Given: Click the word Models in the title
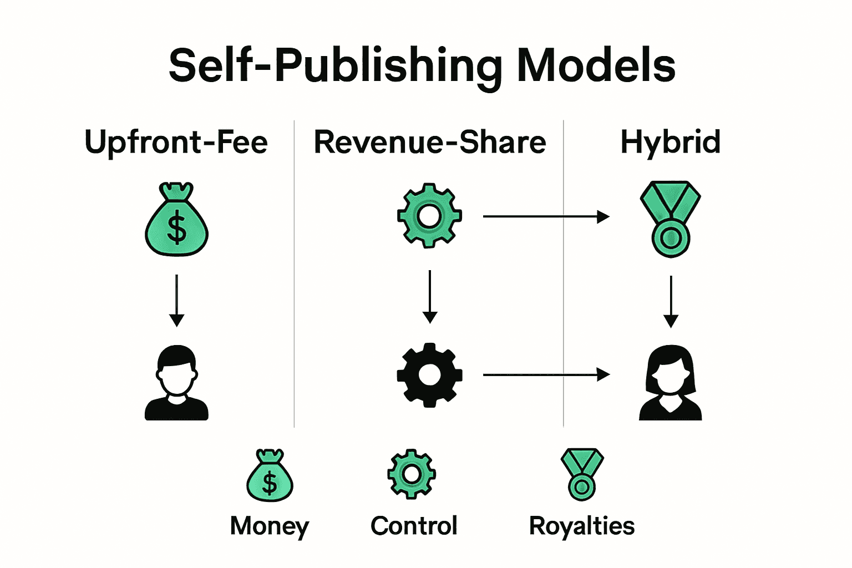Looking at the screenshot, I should pos(596,65).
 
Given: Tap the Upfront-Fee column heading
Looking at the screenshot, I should pos(176,142).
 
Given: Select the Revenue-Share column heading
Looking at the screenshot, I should pos(430,142).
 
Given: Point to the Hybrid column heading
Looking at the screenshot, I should pos(670,142).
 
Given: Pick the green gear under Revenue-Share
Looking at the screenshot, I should pos(429,215).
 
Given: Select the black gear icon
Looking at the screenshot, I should pos(429,375).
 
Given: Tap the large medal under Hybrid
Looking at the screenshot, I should pos(671,219).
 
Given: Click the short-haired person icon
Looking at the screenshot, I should pos(176,383).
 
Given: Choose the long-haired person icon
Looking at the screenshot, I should pos(671,383).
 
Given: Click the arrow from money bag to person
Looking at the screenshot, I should pos(176,300).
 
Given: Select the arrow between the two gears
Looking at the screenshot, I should pos(430,297).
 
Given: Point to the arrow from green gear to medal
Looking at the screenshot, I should pos(546,216).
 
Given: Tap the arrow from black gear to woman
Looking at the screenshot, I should pos(546,375).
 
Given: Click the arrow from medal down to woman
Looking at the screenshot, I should pos(671,301).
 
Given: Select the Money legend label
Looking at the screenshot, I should pos(270,526).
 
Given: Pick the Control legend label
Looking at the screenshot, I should pos(414,526).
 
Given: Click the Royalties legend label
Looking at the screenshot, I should pos(582,526).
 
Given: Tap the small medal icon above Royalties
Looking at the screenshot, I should pos(582,474).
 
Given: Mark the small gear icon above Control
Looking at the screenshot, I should pos(411,474).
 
